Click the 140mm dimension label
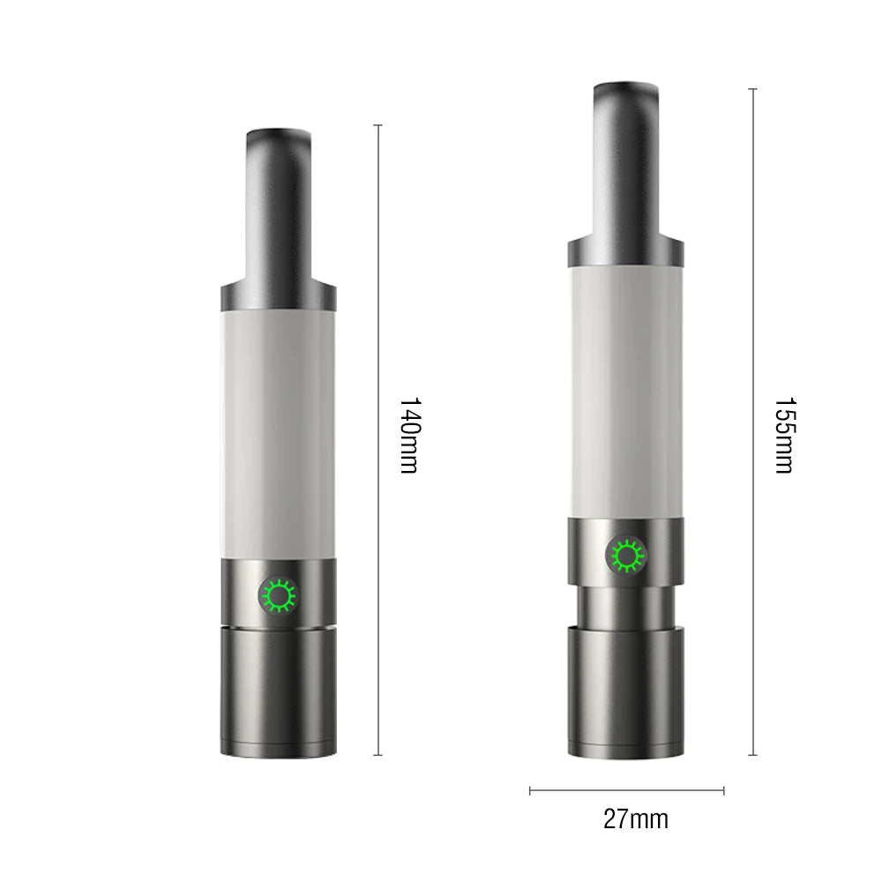pyautogui.click(x=407, y=435)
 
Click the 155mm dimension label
pyautogui.click(x=783, y=435)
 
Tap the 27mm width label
pyautogui.click(x=635, y=819)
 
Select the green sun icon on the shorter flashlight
pyautogui.click(x=278, y=597)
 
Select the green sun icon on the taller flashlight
pyautogui.click(x=626, y=556)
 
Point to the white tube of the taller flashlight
pyautogui.click(x=625, y=388)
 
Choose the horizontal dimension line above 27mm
pyautogui.click(x=626, y=790)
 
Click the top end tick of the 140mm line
pyautogui.click(x=379, y=125)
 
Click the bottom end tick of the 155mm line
pyautogui.click(x=752, y=755)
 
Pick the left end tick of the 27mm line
pyautogui.click(x=530, y=790)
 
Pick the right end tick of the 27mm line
pyautogui.click(x=723, y=790)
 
